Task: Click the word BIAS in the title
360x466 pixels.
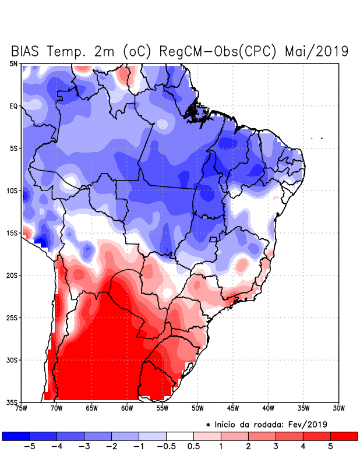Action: (28, 51)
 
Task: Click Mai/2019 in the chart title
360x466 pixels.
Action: (317, 51)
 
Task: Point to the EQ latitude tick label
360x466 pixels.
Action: (13, 106)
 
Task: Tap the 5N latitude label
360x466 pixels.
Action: (13, 63)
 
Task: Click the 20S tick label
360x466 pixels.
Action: (12, 275)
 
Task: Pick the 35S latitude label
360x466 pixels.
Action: (12, 402)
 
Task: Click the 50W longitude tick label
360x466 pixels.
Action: (197, 408)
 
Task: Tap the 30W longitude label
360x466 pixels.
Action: (338, 408)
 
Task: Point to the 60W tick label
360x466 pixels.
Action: (126, 408)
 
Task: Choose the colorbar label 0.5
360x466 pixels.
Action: (193, 447)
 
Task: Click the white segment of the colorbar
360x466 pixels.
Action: (180, 436)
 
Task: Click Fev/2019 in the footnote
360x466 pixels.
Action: (308, 423)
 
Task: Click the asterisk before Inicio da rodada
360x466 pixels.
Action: (208, 424)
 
